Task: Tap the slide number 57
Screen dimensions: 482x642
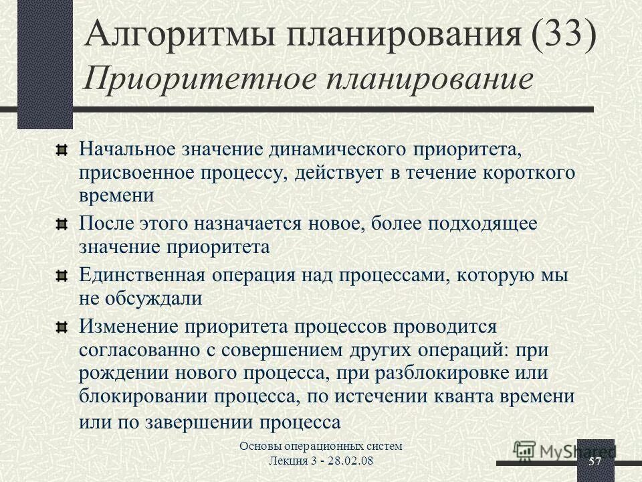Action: (x=595, y=463)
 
